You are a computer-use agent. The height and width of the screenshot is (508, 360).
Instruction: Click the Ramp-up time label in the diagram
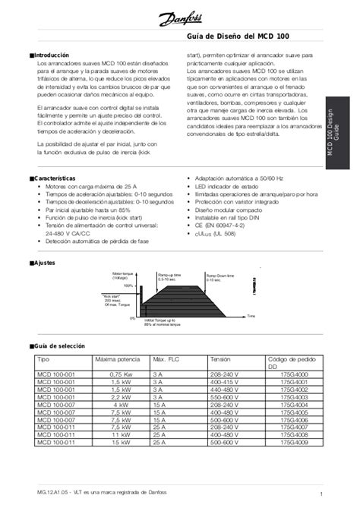point(169,277)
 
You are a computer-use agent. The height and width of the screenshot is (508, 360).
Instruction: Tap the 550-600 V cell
point(224,396)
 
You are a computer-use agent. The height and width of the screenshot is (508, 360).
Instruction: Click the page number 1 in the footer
point(322,496)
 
